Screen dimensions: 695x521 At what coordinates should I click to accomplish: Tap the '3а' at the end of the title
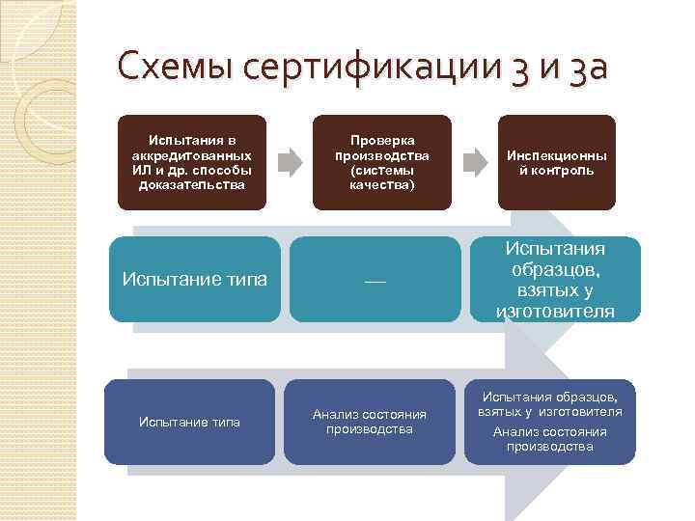pos(583,69)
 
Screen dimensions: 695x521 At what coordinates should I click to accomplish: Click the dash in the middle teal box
pos(375,281)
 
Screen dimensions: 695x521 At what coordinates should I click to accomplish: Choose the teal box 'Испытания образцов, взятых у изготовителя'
pos(554,280)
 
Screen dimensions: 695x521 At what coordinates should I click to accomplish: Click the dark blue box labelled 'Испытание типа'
pos(189,422)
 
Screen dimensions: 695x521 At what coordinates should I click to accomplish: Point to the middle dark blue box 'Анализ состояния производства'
pos(369,422)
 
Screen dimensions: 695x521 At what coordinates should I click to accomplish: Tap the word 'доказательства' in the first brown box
pos(192,184)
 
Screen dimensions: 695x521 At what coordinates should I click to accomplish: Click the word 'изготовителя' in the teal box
pos(554,311)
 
